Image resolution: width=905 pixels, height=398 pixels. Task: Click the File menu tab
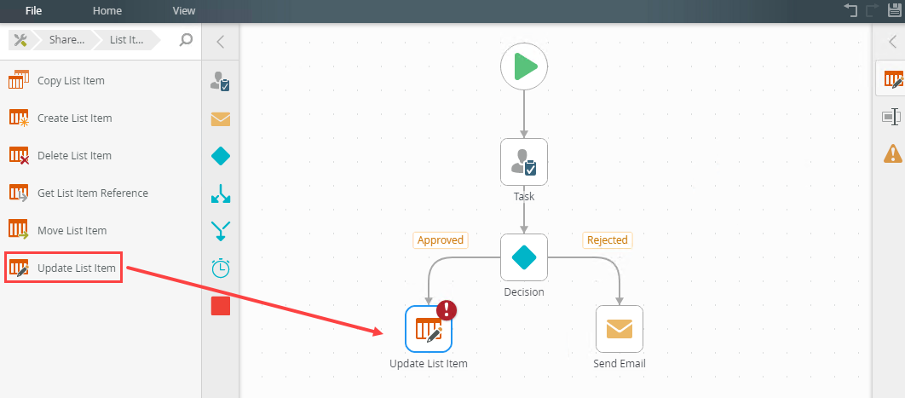pyautogui.click(x=34, y=11)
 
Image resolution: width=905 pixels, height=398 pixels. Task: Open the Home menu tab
pyautogui.click(x=107, y=11)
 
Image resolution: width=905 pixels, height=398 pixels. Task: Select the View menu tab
pyautogui.click(x=183, y=11)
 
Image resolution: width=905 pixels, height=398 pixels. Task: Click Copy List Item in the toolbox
pyautogui.click(x=71, y=81)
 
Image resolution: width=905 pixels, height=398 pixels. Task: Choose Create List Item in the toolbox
pyautogui.click(x=74, y=118)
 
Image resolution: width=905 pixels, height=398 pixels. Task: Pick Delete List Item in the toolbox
pyautogui.click(x=74, y=156)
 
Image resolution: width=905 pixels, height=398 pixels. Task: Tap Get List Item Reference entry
pyautogui.click(x=92, y=193)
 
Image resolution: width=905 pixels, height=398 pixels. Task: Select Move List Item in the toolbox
pyautogui.click(x=72, y=231)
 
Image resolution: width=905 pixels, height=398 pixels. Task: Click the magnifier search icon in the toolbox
pyautogui.click(x=186, y=39)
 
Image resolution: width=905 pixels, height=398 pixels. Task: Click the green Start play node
pyautogui.click(x=524, y=66)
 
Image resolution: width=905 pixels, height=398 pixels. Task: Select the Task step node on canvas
pyautogui.click(x=524, y=162)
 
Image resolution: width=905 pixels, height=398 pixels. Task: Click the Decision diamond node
pyautogui.click(x=524, y=257)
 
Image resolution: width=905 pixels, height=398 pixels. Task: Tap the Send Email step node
pyautogui.click(x=620, y=329)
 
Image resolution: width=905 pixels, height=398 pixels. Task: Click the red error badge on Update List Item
pyautogui.click(x=447, y=310)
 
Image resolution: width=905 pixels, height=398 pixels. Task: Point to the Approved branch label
pyautogui.click(x=441, y=240)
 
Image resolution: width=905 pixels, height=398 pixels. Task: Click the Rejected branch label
pyautogui.click(x=607, y=240)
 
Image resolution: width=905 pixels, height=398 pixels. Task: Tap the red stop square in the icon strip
pyautogui.click(x=221, y=305)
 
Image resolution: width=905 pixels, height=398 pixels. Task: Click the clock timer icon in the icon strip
pyautogui.click(x=221, y=268)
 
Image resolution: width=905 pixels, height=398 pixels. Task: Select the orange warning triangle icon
pyautogui.click(x=892, y=153)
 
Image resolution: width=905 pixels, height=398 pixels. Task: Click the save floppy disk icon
pyautogui.click(x=896, y=10)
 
